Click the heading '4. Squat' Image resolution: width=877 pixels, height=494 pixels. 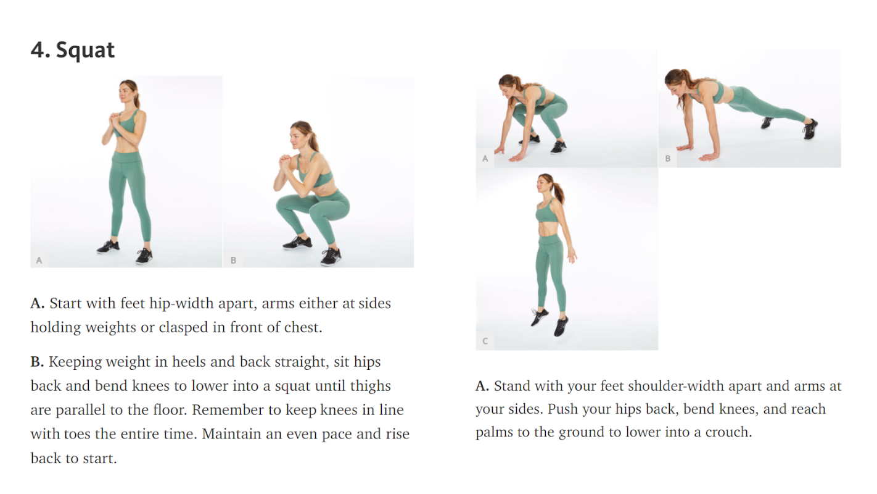pos(72,50)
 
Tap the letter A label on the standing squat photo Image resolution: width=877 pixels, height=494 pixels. pos(39,261)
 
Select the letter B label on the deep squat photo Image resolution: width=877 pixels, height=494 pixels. pos(233,261)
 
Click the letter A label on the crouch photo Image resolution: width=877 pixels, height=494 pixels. pos(485,159)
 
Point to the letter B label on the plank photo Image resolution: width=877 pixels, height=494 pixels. pos(668,159)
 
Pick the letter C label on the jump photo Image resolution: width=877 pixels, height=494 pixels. pos(485,341)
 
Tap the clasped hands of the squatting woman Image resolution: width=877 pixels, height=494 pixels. pos(286,161)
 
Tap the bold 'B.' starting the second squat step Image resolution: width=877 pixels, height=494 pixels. pos(37,362)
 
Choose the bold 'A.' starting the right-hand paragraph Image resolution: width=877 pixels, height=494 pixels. pos(482,386)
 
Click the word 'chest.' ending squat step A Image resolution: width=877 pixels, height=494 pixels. pos(303,327)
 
